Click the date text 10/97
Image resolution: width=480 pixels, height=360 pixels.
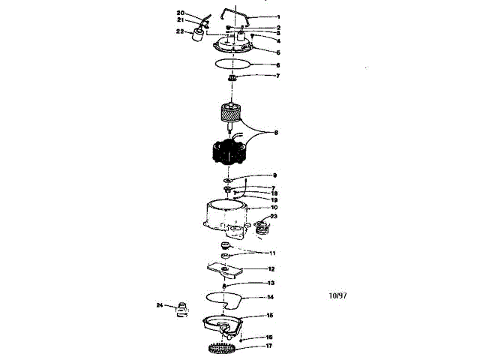pos(337,295)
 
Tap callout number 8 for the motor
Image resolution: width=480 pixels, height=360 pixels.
pos(277,133)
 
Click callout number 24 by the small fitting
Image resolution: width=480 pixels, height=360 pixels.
pos(159,305)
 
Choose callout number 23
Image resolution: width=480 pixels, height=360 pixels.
pos(274,216)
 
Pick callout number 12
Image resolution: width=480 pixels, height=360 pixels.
pos(271,268)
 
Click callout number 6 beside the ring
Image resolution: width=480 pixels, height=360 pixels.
pos(277,65)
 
